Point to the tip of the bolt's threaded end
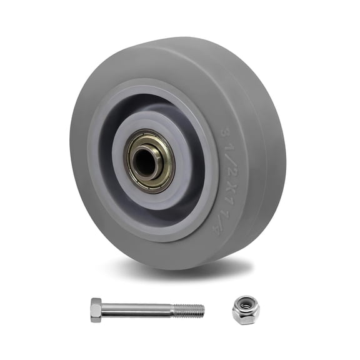click(203, 309)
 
